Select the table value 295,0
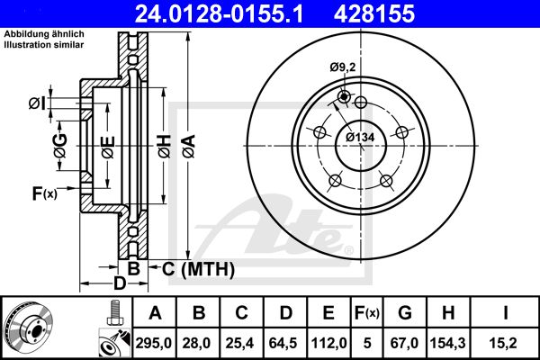coord(155,342)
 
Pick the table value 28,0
coord(199,342)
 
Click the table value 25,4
coord(242,342)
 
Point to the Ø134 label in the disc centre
coord(360,137)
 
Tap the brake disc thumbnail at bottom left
coord(34,325)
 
